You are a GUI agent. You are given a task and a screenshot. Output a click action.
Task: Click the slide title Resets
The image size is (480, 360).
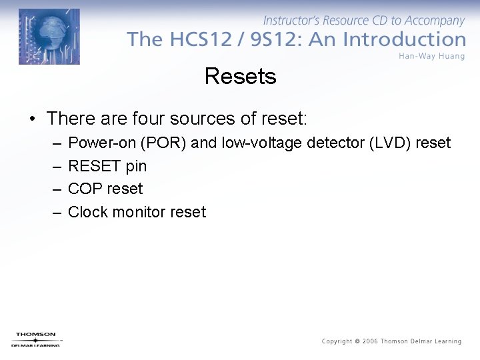click(x=240, y=76)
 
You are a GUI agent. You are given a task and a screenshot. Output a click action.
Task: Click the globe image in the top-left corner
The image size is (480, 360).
click(x=49, y=37)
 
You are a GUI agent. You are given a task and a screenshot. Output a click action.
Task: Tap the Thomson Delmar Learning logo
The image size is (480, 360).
click(x=35, y=339)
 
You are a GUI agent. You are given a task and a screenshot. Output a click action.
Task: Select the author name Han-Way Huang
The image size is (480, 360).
click(x=431, y=56)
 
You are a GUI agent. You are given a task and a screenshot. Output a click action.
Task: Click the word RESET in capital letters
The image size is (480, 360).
click(x=95, y=166)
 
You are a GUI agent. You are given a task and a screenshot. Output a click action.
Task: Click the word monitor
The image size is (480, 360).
click(x=138, y=212)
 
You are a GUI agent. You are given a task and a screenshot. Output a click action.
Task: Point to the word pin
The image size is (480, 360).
click(x=136, y=166)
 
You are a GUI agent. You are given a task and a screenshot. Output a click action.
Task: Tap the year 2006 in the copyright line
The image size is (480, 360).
click(x=369, y=341)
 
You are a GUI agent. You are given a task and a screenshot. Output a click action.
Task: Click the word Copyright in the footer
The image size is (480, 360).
click(x=337, y=341)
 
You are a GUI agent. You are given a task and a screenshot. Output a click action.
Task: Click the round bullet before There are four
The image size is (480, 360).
click(x=32, y=119)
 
